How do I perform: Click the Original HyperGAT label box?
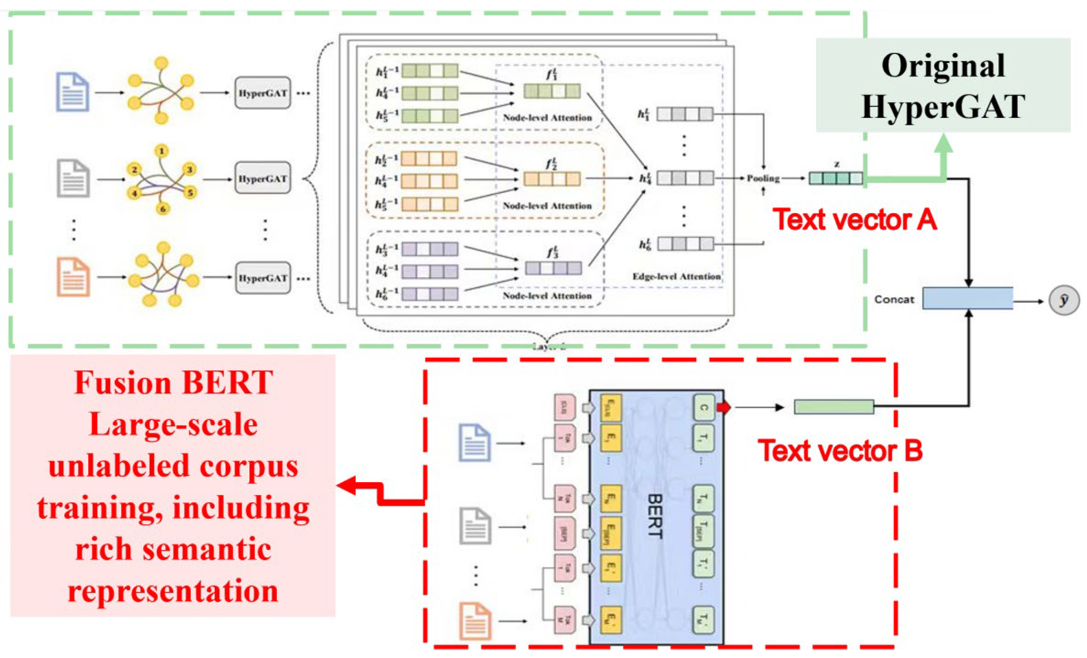click(943, 85)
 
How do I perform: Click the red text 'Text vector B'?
click(840, 451)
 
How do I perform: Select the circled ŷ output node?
click(1064, 301)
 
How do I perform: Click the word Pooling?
click(763, 179)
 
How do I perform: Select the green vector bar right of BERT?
click(834, 407)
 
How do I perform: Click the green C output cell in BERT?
click(703, 407)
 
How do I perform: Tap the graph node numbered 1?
click(161, 151)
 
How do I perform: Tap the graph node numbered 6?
click(162, 209)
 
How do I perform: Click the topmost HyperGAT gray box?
click(263, 93)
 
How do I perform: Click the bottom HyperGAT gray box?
click(263, 278)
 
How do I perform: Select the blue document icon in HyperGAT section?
click(73, 92)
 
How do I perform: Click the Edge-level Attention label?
click(676, 276)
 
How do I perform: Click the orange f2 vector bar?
click(552, 179)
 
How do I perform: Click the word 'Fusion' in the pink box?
click(122, 383)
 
